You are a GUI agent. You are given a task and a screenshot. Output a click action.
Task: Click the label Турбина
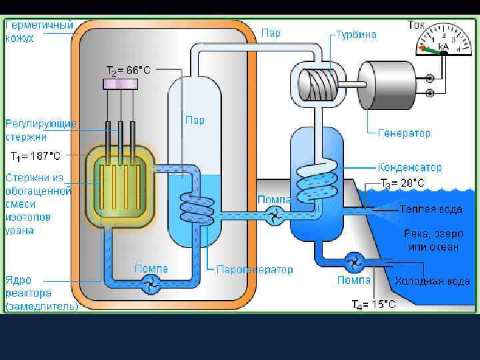[356, 35]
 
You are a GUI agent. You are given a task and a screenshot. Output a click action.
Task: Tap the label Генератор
[404, 133]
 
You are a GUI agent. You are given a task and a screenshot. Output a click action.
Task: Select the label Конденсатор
[409, 167]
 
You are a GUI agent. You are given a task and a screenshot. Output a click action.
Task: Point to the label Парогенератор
[255, 270]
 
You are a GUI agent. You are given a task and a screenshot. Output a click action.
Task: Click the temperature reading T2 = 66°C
[129, 69]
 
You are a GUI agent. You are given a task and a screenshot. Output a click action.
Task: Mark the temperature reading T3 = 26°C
[402, 183]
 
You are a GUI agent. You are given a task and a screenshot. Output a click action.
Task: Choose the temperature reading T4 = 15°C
[373, 305]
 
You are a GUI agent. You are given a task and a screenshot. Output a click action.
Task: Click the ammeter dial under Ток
[440, 41]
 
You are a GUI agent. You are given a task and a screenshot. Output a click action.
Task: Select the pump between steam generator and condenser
[273, 214]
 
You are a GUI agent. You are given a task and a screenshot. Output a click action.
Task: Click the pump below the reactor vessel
[151, 285]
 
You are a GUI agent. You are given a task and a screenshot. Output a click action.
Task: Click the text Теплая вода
[431, 209]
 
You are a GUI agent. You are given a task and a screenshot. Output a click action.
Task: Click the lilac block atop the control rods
[121, 83]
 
